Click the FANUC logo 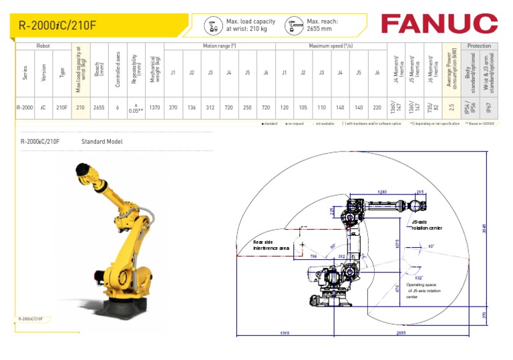439,23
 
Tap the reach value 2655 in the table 99,108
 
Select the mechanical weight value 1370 154,108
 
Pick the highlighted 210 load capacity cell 80,108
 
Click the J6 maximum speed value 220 377,108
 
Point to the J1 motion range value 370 173,108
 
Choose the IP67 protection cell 489,108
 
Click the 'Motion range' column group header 220,46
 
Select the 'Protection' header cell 479,46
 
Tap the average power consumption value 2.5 452,108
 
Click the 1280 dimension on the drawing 382,192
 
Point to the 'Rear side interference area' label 271,245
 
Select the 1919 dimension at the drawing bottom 284,332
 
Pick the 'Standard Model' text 102,142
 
